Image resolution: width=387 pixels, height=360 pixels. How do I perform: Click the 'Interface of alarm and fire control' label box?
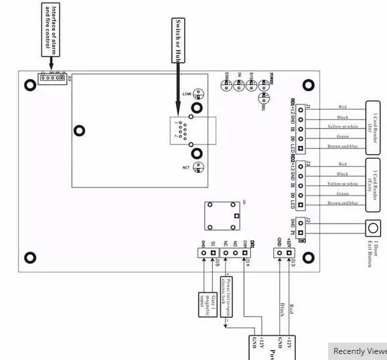click(50, 25)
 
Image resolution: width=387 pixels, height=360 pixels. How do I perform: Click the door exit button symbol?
click(370, 228)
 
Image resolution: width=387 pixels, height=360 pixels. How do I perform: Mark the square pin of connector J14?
click(247, 253)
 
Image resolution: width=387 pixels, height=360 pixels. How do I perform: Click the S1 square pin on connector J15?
click(213, 253)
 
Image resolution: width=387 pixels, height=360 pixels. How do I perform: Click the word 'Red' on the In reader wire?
click(343, 107)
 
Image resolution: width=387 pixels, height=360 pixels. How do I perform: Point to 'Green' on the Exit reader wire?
click(343, 193)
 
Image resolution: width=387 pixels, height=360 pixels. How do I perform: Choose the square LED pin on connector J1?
click(301, 148)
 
